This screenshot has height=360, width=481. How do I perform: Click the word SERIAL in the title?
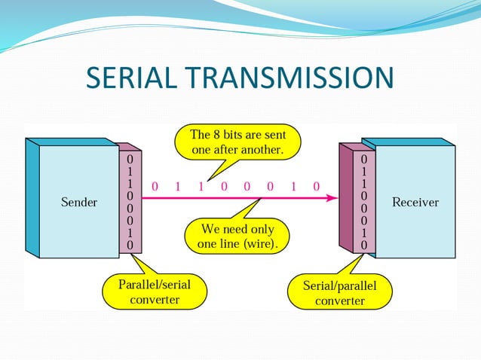130,78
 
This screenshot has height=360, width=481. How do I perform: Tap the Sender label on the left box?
78,203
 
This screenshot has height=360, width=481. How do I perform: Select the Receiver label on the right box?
415,203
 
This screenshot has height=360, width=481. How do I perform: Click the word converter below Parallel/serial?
155,300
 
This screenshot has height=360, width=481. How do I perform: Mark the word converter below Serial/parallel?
339,301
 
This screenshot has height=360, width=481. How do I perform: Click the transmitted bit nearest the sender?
155,185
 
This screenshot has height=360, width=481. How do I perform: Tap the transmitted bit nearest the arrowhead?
316,185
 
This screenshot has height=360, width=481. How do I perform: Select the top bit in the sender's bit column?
130,160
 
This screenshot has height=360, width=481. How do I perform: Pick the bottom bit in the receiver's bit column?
363,245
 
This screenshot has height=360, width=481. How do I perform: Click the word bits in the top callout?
235,136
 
